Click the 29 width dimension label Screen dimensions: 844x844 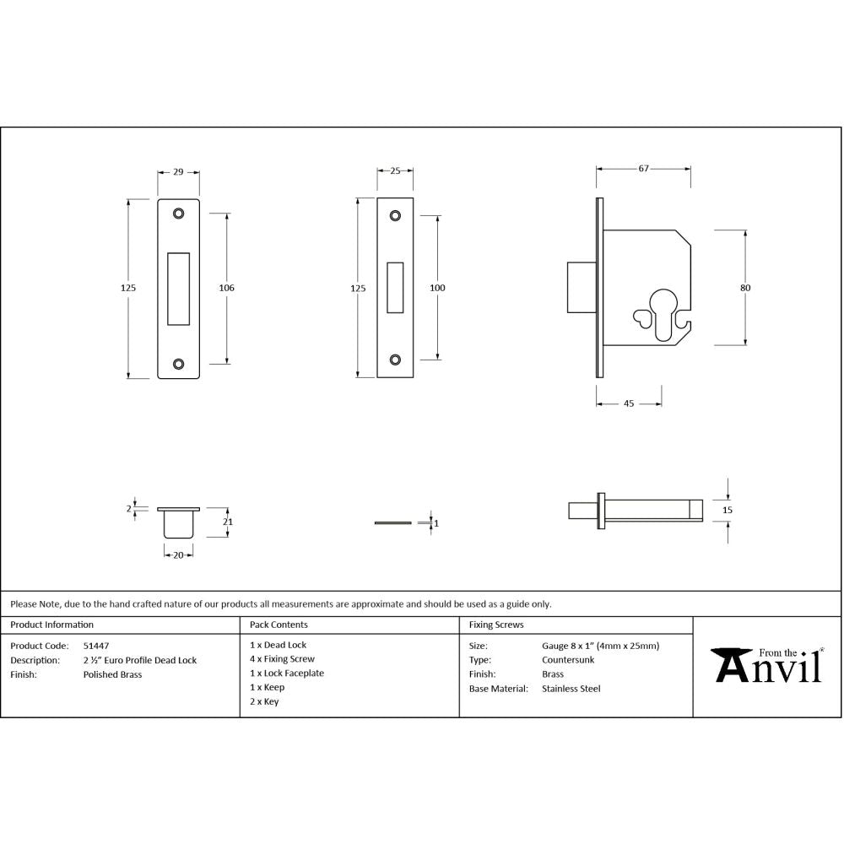[x=178, y=171]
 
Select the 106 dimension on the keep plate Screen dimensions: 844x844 [x=226, y=288]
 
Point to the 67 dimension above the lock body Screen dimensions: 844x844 [x=643, y=169]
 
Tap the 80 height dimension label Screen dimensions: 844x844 [x=745, y=288]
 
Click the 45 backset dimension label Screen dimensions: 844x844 [x=629, y=403]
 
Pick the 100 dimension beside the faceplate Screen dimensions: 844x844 [x=437, y=288]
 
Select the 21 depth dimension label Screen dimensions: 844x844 [x=227, y=522]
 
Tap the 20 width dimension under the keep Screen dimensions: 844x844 [x=178, y=555]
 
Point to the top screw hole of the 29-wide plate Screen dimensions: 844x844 [x=179, y=214]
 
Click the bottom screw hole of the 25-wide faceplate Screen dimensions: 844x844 [x=395, y=360]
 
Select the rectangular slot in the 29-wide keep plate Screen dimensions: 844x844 [x=179, y=288]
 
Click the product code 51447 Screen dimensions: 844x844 [x=95, y=646]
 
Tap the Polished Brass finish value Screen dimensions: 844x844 [x=112, y=674]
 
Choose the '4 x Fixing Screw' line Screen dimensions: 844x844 [x=282, y=659]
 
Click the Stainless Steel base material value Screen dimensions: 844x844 [x=571, y=689]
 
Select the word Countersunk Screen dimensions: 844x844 [x=567, y=660]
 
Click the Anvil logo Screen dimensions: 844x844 [x=768, y=665]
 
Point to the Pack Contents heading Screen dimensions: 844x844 [x=279, y=625]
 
